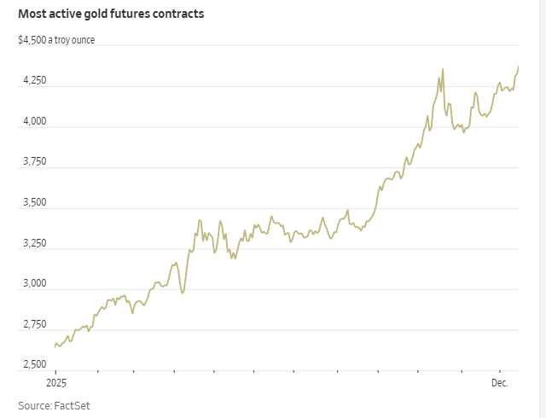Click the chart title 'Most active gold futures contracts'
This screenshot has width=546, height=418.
click(x=111, y=15)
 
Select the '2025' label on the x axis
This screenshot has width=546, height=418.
click(x=55, y=383)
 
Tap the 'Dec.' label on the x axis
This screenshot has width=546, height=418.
click(x=499, y=383)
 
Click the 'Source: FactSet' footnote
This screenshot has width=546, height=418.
click(x=54, y=405)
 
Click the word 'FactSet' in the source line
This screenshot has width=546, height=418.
click(x=72, y=405)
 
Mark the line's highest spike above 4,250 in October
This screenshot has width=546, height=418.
click(x=443, y=69)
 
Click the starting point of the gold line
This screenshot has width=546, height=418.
click(x=55, y=347)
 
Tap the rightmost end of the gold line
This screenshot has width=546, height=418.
click(x=520, y=67)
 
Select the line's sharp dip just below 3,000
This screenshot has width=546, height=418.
click(x=182, y=293)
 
